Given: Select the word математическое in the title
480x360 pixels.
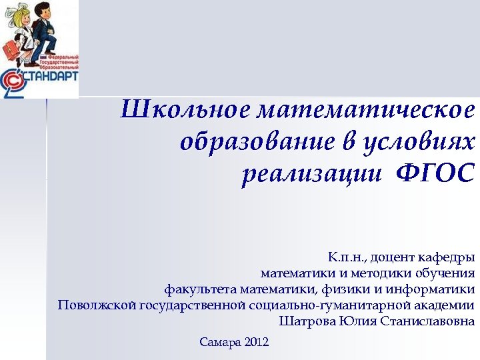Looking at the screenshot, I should [365, 110].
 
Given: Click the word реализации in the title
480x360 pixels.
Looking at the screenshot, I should [312, 174].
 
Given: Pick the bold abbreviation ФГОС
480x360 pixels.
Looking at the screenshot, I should [435, 174].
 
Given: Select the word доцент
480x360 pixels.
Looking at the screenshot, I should [391, 257].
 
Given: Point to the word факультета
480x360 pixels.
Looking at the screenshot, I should [201, 289].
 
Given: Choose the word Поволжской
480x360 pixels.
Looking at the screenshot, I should [97, 306].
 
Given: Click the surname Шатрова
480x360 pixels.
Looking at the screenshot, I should [307, 322].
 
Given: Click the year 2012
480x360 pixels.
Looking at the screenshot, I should [257, 343].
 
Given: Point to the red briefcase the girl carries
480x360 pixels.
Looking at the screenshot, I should [11, 49].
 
